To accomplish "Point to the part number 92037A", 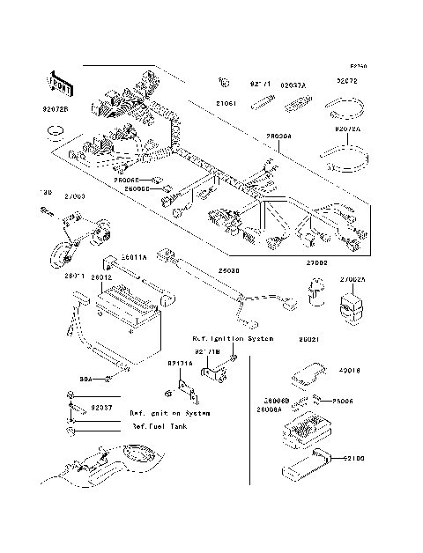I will (293, 85).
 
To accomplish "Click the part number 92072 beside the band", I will (345, 82).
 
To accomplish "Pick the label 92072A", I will (347, 128).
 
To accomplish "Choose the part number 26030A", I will (278, 136).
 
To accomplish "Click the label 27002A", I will (353, 279).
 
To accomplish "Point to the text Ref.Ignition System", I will (233, 338).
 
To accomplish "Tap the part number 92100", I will (353, 458).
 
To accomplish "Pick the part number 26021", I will (308, 338).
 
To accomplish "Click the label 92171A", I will (181, 362).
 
